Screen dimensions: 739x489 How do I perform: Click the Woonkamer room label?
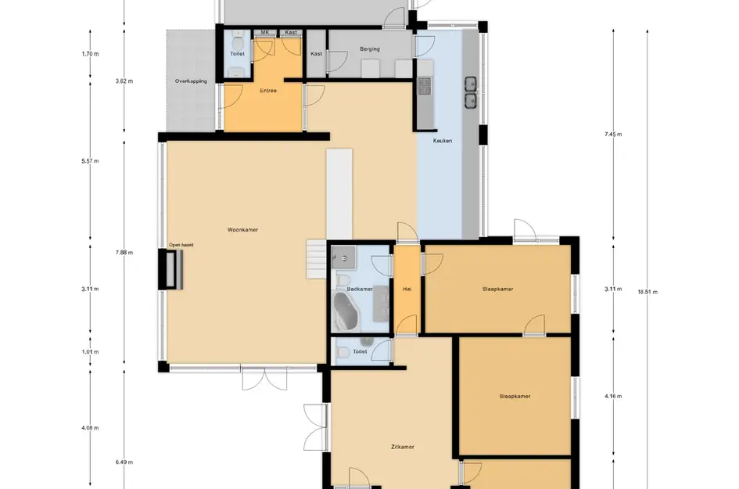click(x=242, y=230)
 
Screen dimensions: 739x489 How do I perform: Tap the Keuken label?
click(x=443, y=141)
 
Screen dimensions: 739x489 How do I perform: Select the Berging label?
click(x=369, y=49)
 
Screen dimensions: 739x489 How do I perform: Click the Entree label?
click(x=268, y=91)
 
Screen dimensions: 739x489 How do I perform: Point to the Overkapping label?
click(x=191, y=81)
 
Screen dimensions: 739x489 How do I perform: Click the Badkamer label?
click(x=360, y=289)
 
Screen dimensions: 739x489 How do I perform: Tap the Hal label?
click(x=407, y=289)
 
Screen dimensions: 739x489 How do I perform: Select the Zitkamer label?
click(x=403, y=447)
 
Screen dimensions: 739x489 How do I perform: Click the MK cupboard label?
click(x=265, y=33)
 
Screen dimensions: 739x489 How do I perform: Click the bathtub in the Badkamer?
click(x=346, y=311)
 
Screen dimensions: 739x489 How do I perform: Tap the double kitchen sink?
click(x=471, y=92)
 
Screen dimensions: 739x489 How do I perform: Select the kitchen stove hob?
click(x=424, y=86)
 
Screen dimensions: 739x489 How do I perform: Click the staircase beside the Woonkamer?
click(x=316, y=259)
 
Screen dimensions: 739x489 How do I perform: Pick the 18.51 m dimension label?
click(x=648, y=292)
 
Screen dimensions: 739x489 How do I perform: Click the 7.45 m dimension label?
click(x=613, y=135)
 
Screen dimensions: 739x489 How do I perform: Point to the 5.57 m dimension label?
click(x=90, y=161)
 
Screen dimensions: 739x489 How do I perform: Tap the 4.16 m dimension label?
click(x=613, y=396)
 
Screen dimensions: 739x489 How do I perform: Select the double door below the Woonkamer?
click(x=264, y=378)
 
